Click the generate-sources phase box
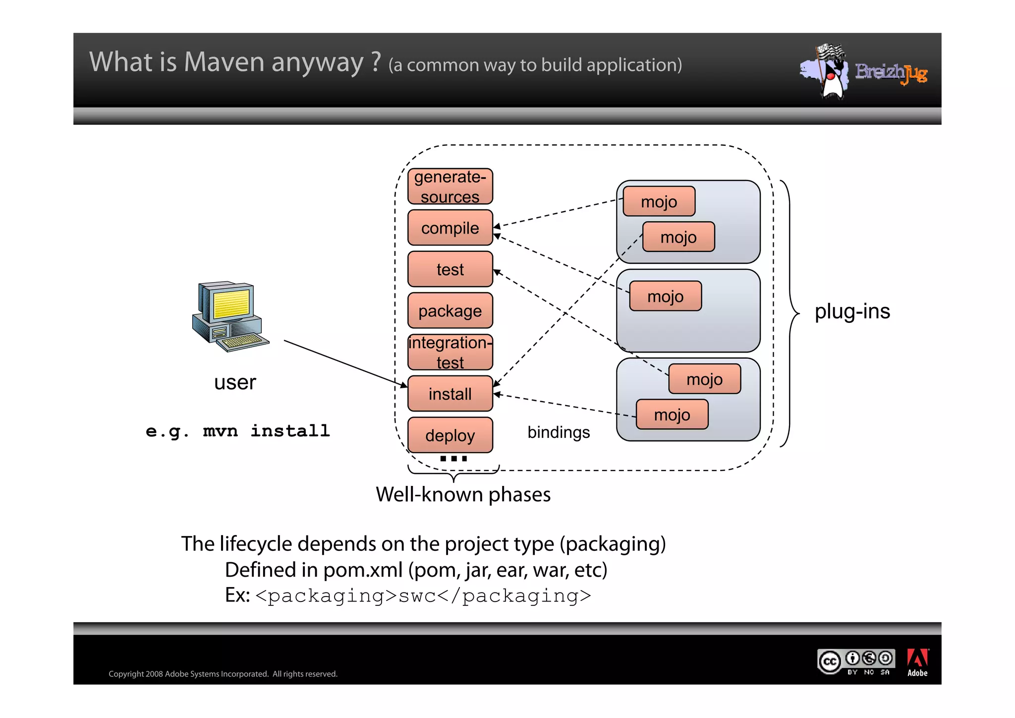(x=450, y=186)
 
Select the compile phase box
(x=450, y=228)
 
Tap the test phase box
(x=450, y=269)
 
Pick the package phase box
(x=450, y=311)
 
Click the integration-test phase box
(x=450, y=352)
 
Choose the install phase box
(x=450, y=394)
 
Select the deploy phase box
(x=450, y=435)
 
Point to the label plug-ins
(x=852, y=311)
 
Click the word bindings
(x=559, y=432)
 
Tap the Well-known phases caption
(x=463, y=494)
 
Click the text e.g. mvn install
(x=238, y=430)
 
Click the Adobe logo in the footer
(x=917, y=662)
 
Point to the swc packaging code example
(x=423, y=596)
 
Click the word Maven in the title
(x=224, y=62)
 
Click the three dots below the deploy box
(x=453, y=459)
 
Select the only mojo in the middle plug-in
(x=665, y=297)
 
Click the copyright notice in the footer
(x=223, y=674)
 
